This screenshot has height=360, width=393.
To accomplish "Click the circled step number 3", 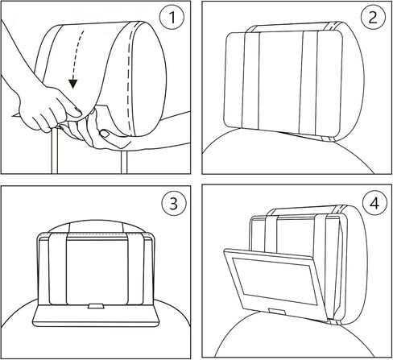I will (x=171, y=204).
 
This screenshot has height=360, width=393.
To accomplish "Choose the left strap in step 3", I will (x=58, y=266).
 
